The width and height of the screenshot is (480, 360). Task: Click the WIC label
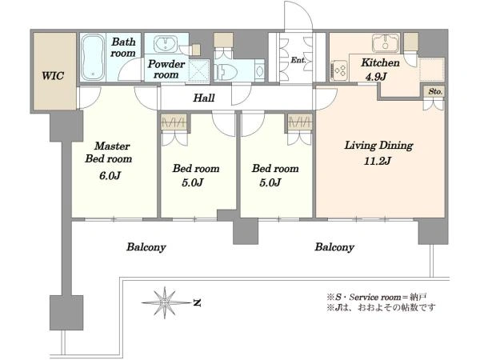pos(53,76)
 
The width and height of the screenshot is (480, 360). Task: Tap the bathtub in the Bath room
pos(93,58)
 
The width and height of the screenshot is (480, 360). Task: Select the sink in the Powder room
pos(166,44)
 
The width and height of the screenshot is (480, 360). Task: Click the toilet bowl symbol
pos(226,72)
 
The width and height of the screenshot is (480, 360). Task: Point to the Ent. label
pos(298,60)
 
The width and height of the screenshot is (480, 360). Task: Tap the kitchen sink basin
pos(386,43)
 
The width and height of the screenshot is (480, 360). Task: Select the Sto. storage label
pos(435,91)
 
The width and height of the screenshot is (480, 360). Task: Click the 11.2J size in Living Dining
pos(377,161)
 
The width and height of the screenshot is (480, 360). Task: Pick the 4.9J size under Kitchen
pos(376,77)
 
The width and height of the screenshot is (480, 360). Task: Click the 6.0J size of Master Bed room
pos(110,176)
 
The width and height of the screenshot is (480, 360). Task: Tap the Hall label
pos(204,98)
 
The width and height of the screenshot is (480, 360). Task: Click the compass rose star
pos(166,302)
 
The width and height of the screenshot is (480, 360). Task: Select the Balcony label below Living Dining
pos(334,247)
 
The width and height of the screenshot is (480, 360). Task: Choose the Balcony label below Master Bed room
pos(146,247)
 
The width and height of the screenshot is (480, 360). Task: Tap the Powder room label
pos(166,69)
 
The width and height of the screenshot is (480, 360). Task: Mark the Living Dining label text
pos(378,146)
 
